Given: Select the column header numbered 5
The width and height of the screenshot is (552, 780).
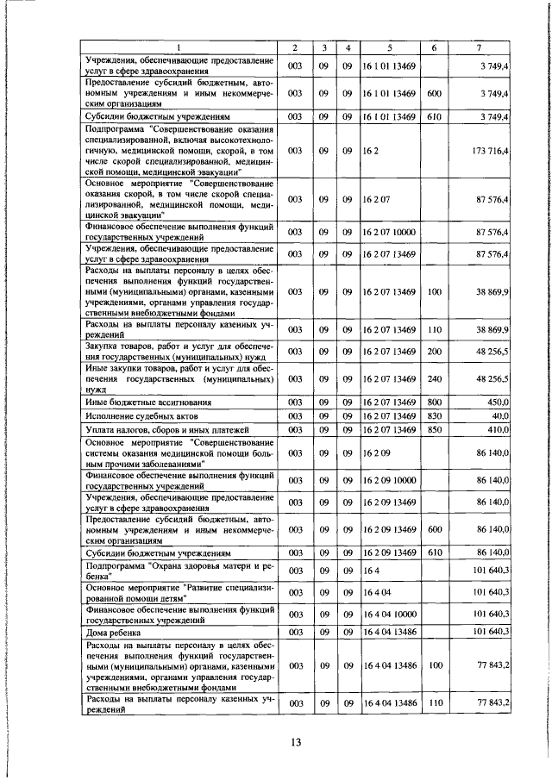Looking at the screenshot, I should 389,48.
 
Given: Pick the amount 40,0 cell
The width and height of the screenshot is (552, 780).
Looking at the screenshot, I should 500,416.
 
